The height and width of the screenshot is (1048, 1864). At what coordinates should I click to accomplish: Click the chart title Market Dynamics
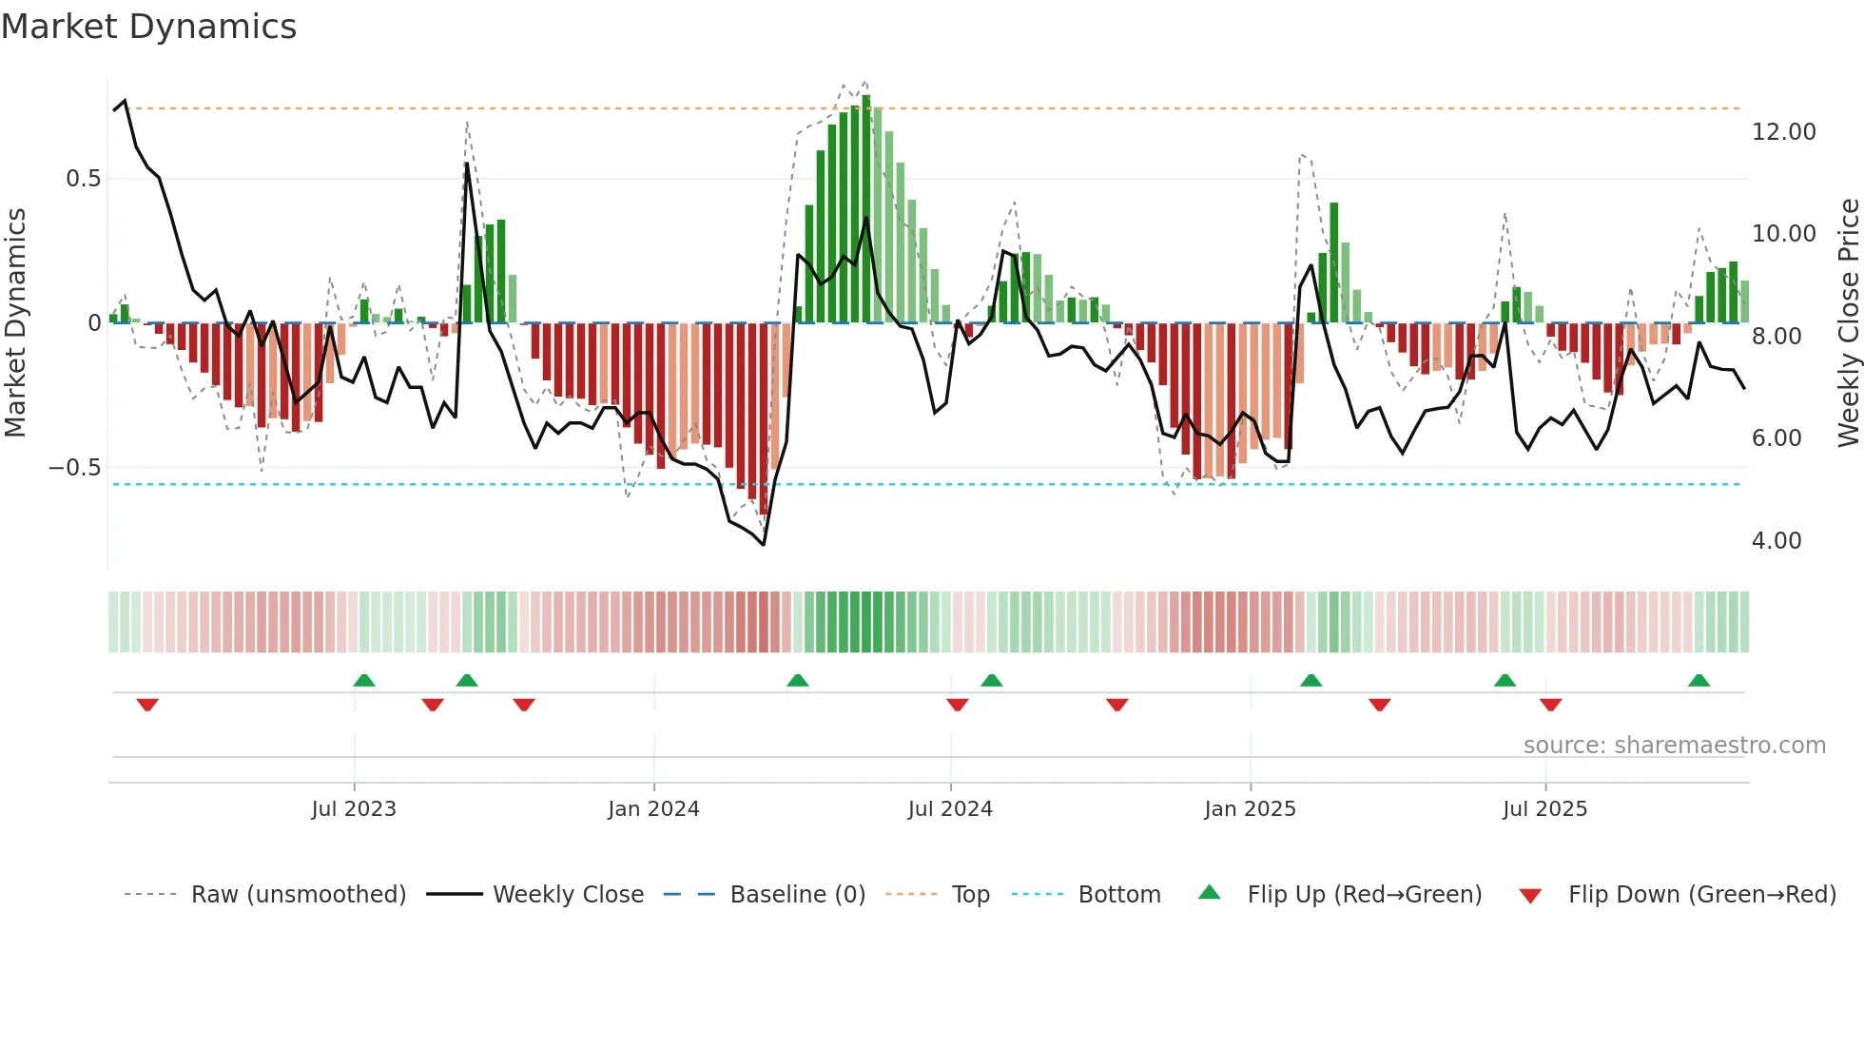click(149, 27)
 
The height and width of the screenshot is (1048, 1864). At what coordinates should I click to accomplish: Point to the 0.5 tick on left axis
click(83, 179)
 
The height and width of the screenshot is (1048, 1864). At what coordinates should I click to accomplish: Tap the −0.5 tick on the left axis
click(74, 468)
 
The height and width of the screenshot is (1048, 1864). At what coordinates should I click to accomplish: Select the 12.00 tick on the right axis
click(1783, 132)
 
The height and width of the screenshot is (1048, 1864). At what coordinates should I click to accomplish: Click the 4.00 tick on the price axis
click(1776, 541)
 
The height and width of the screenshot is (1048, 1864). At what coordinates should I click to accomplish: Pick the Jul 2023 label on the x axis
click(354, 809)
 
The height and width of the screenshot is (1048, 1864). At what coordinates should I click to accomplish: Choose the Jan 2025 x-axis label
click(1250, 809)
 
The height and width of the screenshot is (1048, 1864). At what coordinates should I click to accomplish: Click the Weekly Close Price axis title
click(1848, 323)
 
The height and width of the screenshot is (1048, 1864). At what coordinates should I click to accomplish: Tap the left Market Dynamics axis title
click(15, 323)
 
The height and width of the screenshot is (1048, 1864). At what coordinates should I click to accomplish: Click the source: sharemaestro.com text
click(1674, 746)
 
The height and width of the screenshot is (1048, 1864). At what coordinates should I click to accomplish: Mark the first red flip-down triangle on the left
click(147, 705)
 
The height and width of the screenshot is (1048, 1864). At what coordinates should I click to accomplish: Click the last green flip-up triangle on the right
click(1699, 680)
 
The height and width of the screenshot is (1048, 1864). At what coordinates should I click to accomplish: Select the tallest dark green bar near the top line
click(865, 209)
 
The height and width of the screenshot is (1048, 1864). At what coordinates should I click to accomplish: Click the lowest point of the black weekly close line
click(764, 544)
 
